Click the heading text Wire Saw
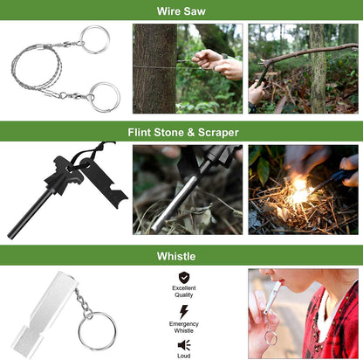coord(181,11)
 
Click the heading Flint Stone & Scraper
coord(181,132)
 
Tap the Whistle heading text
coord(181,256)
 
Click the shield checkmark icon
coord(184,278)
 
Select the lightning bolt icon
coord(184,312)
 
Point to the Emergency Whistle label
coord(184,327)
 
